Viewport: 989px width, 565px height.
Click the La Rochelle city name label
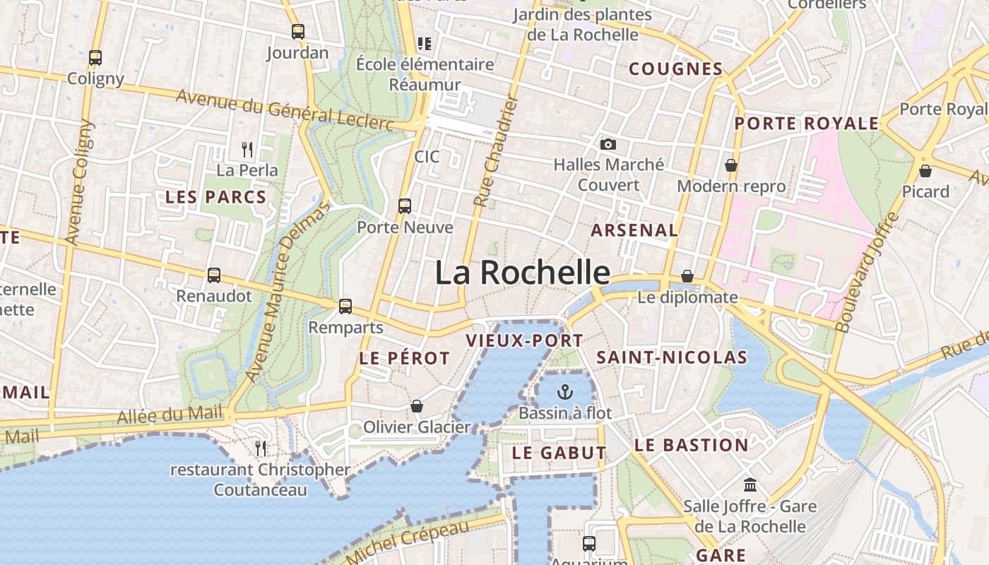coord(522,273)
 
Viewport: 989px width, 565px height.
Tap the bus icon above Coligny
coord(95,58)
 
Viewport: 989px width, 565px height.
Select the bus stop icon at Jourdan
coord(298,32)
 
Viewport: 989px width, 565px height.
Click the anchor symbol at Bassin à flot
coord(564,392)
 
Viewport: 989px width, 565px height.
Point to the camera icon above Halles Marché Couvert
coord(608,145)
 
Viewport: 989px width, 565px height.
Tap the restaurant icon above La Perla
coord(247,150)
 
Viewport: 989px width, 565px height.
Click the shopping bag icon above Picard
coord(925,171)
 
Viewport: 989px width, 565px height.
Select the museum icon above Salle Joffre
coord(750,486)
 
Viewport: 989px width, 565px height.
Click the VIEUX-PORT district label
coord(524,341)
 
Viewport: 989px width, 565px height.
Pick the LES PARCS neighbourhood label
coord(215,198)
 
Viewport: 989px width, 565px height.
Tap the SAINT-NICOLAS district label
coord(671,358)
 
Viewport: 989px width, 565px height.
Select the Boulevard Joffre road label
coord(867,272)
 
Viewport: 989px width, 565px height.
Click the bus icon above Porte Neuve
coord(405,206)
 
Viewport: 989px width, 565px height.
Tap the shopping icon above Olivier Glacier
coord(417,406)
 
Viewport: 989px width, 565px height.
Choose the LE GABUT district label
coord(559,453)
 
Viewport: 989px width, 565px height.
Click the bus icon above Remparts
coord(345,307)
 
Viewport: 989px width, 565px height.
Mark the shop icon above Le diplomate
coord(687,276)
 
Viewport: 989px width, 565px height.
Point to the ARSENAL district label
coord(634,230)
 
